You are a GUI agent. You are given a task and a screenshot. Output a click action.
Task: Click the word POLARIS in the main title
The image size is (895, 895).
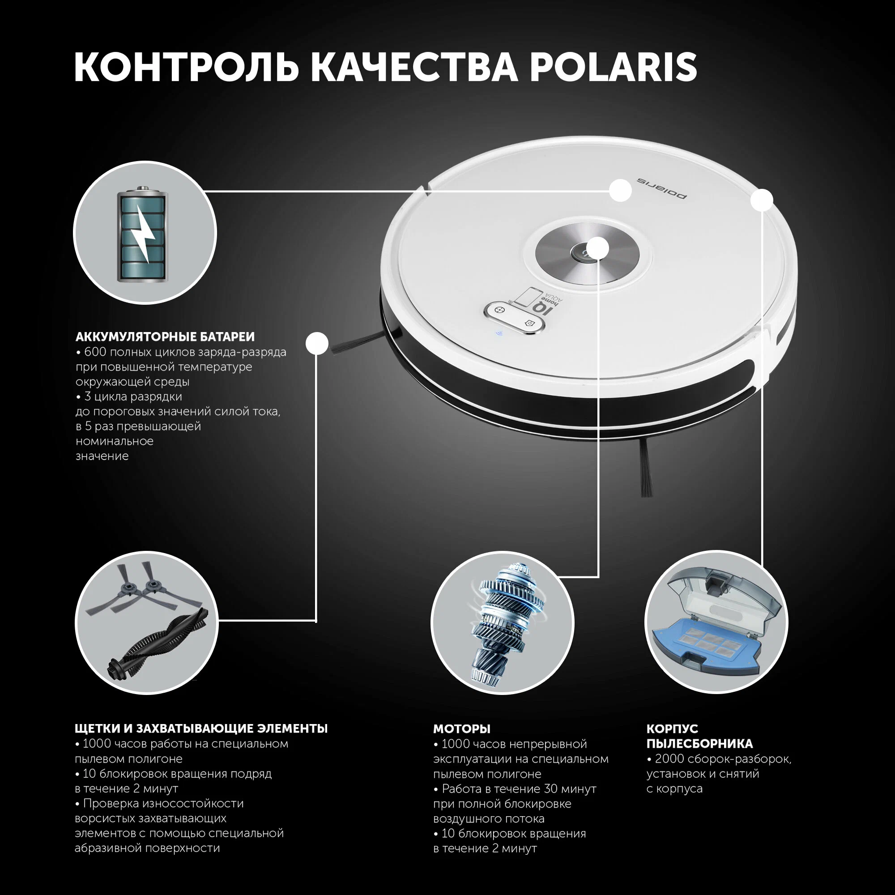614,67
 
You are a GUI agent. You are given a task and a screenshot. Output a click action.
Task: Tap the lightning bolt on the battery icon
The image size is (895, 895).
144,237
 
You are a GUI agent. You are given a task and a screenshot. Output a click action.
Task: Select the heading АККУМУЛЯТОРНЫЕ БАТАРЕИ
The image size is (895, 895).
166,337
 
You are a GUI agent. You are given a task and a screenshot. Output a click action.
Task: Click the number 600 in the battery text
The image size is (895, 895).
95,352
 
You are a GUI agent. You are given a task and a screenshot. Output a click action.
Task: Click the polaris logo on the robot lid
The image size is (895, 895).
661,188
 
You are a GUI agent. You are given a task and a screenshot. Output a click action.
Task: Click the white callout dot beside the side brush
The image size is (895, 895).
317,344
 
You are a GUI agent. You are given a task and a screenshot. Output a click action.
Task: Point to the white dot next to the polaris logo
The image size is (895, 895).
620,190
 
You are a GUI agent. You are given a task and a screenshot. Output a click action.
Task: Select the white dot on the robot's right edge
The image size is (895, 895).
762,200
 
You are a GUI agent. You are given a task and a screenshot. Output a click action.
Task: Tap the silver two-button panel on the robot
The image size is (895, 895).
515,317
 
